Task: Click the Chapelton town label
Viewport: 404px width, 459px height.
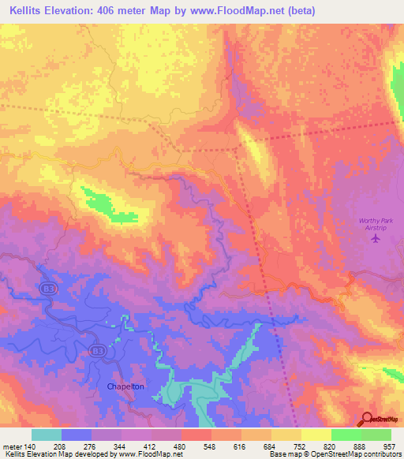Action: (x=121, y=386)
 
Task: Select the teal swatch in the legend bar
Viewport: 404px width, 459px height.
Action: (x=47, y=435)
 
